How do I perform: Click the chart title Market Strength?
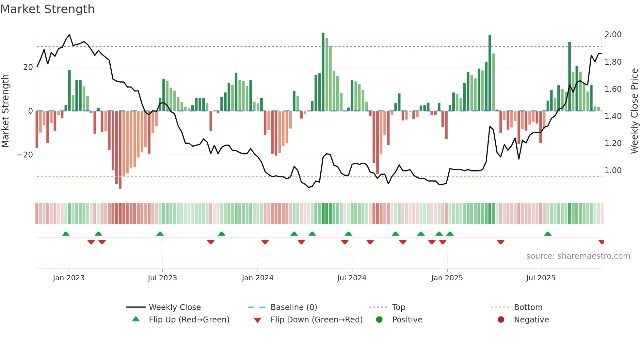click(x=47, y=9)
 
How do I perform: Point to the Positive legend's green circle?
click(x=379, y=319)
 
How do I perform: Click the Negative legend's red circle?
click(x=501, y=319)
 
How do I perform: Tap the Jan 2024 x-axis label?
click(x=257, y=278)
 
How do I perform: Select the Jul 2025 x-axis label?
click(x=540, y=278)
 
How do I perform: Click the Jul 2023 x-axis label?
click(x=162, y=278)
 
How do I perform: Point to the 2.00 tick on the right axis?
click(x=613, y=35)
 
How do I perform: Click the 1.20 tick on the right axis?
click(x=613, y=143)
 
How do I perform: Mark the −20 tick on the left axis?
click(x=25, y=155)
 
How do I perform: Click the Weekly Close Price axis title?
click(x=634, y=111)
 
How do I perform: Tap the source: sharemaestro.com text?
click(x=578, y=256)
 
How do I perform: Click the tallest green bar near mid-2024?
click(x=323, y=72)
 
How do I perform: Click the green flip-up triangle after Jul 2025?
click(x=548, y=234)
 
